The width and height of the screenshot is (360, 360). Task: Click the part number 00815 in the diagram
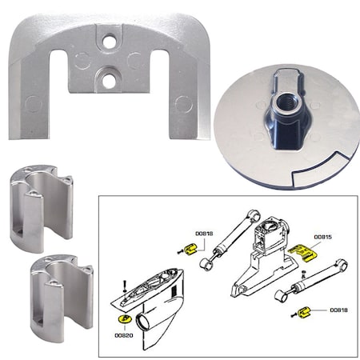pyautogui.click(x=323, y=236)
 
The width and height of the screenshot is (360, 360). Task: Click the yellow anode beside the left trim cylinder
pyautogui.click(x=192, y=249)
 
